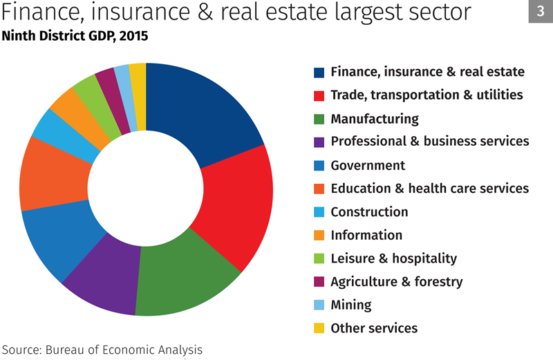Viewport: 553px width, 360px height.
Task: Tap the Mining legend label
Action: pyautogui.click(x=350, y=305)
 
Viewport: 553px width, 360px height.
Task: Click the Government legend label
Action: pyautogui.click(x=368, y=165)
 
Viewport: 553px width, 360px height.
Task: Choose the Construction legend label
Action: pyautogui.click(x=369, y=211)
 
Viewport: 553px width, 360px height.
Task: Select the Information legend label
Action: pyautogui.click(x=366, y=235)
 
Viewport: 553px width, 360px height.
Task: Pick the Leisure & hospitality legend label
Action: pyautogui.click(x=393, y=258)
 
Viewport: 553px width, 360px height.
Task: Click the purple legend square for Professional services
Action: pyautogui.click(x=319, y=142)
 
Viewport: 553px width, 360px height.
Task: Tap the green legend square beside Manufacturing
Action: pyautogui.click(x=319, y=119)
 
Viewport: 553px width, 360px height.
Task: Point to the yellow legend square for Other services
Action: pyautogui.click(x=319, y=328)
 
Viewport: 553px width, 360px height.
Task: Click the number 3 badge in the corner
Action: pyautogui.click(x=540, y=12)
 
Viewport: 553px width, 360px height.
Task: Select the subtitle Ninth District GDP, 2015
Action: pyautogui.click(x=75, y=35)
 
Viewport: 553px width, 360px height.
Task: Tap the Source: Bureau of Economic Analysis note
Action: pyautogui.click(x=102, y=349)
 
